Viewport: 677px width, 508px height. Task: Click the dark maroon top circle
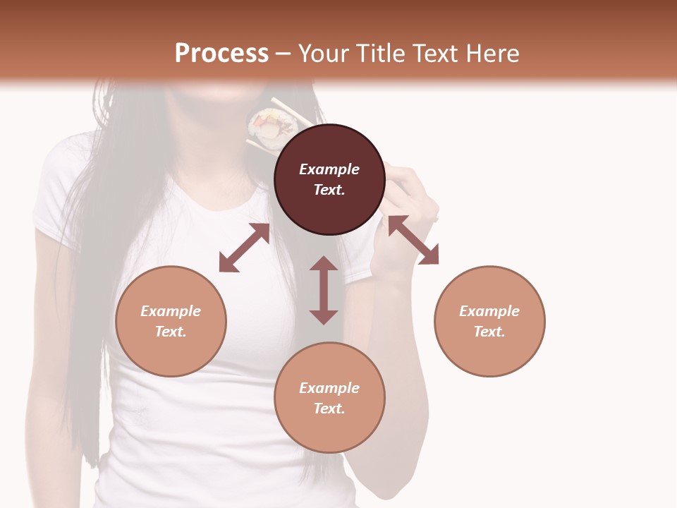tap(329, 179)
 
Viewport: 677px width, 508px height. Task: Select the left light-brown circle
tap(171, 321)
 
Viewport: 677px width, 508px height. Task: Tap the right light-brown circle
tap(489, 321)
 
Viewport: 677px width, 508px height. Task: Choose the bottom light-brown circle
tap(329, 398)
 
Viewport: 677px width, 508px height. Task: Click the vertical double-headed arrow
tap(324, 290)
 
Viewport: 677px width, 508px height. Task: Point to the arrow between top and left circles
tap(244, 248)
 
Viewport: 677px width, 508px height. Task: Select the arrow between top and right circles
tap(413, 240)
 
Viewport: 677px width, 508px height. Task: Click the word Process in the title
tap(221, 53)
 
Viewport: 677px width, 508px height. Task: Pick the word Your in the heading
tap(322, 53)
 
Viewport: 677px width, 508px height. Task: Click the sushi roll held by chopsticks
tap(272, 127)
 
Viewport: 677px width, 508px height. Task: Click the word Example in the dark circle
tap(329, 169)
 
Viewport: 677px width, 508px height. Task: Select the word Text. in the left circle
tap(171, 332)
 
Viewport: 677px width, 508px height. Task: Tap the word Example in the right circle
tap(489, 311)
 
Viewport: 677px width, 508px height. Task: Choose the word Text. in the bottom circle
tap(329, 409)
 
